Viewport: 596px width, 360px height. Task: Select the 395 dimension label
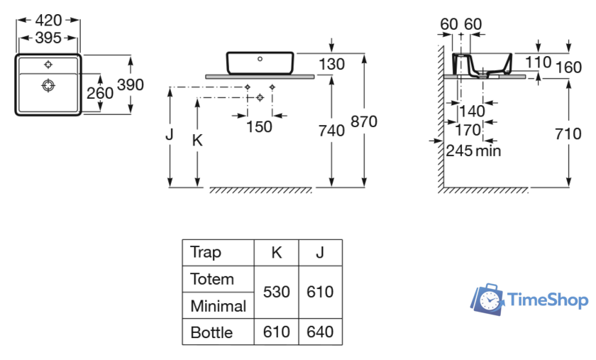(x=49, y=38)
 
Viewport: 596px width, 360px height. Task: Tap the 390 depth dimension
(x=131, y=84)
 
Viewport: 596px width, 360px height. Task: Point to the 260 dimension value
(x=100, y=94)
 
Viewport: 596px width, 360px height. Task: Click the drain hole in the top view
(x=48, y=86)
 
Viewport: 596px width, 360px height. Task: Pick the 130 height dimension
(x=331, y=65)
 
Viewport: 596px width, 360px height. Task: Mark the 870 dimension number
(x=363, y=121)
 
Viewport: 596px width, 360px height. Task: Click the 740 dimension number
(x=331, y=131)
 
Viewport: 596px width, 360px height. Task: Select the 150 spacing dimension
(x=259, y=126)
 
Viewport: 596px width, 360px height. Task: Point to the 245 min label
(x=474, y=151)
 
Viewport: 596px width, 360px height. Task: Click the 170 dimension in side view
(x=468, y=131)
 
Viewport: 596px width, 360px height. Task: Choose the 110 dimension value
(x=539, y=62)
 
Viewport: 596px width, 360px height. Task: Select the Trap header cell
(x=206, y=252)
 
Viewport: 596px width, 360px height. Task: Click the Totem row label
(x=211, y=279)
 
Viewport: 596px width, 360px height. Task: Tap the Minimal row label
(x=218, y=306)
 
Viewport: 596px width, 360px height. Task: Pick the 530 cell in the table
(x=277, y=292)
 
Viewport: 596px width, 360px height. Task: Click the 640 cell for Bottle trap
(x=320, y=332)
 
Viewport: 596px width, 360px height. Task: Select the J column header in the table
(x=320, y=252)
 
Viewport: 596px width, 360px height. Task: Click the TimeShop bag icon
(x=488, y=299)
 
